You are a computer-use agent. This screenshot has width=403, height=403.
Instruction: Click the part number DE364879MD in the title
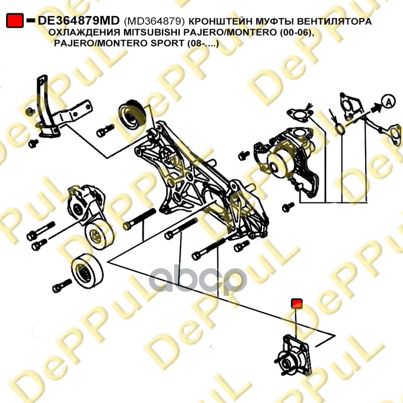[x=79, y=21]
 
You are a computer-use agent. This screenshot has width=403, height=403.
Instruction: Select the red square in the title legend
[x=15, y=21]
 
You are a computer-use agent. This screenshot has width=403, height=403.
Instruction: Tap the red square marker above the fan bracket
[x=296, y=303]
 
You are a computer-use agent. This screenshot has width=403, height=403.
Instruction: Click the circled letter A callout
[x=388, y=102]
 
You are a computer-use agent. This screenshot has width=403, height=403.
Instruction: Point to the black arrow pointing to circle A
[x=376, y=107]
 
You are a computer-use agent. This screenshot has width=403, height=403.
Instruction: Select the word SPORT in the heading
[x=167, y=43]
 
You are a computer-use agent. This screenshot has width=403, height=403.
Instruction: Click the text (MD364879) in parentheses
[x=154, y=21]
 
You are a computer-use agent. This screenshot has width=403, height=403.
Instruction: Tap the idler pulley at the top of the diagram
[x=132, y=113]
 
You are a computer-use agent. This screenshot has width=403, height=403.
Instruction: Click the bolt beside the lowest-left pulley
[x=62, y=286]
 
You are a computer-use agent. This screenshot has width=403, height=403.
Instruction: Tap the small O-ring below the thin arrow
[x=341, y=129]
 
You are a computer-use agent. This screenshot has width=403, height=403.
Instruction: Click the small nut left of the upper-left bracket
[x=30, y=111]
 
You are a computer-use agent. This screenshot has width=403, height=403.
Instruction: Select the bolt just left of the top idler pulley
[x=105, y=130]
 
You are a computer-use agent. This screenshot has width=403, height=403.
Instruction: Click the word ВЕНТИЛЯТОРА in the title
[x=334, y=21]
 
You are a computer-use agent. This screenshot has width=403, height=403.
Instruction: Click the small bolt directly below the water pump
[x=288, y=207]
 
